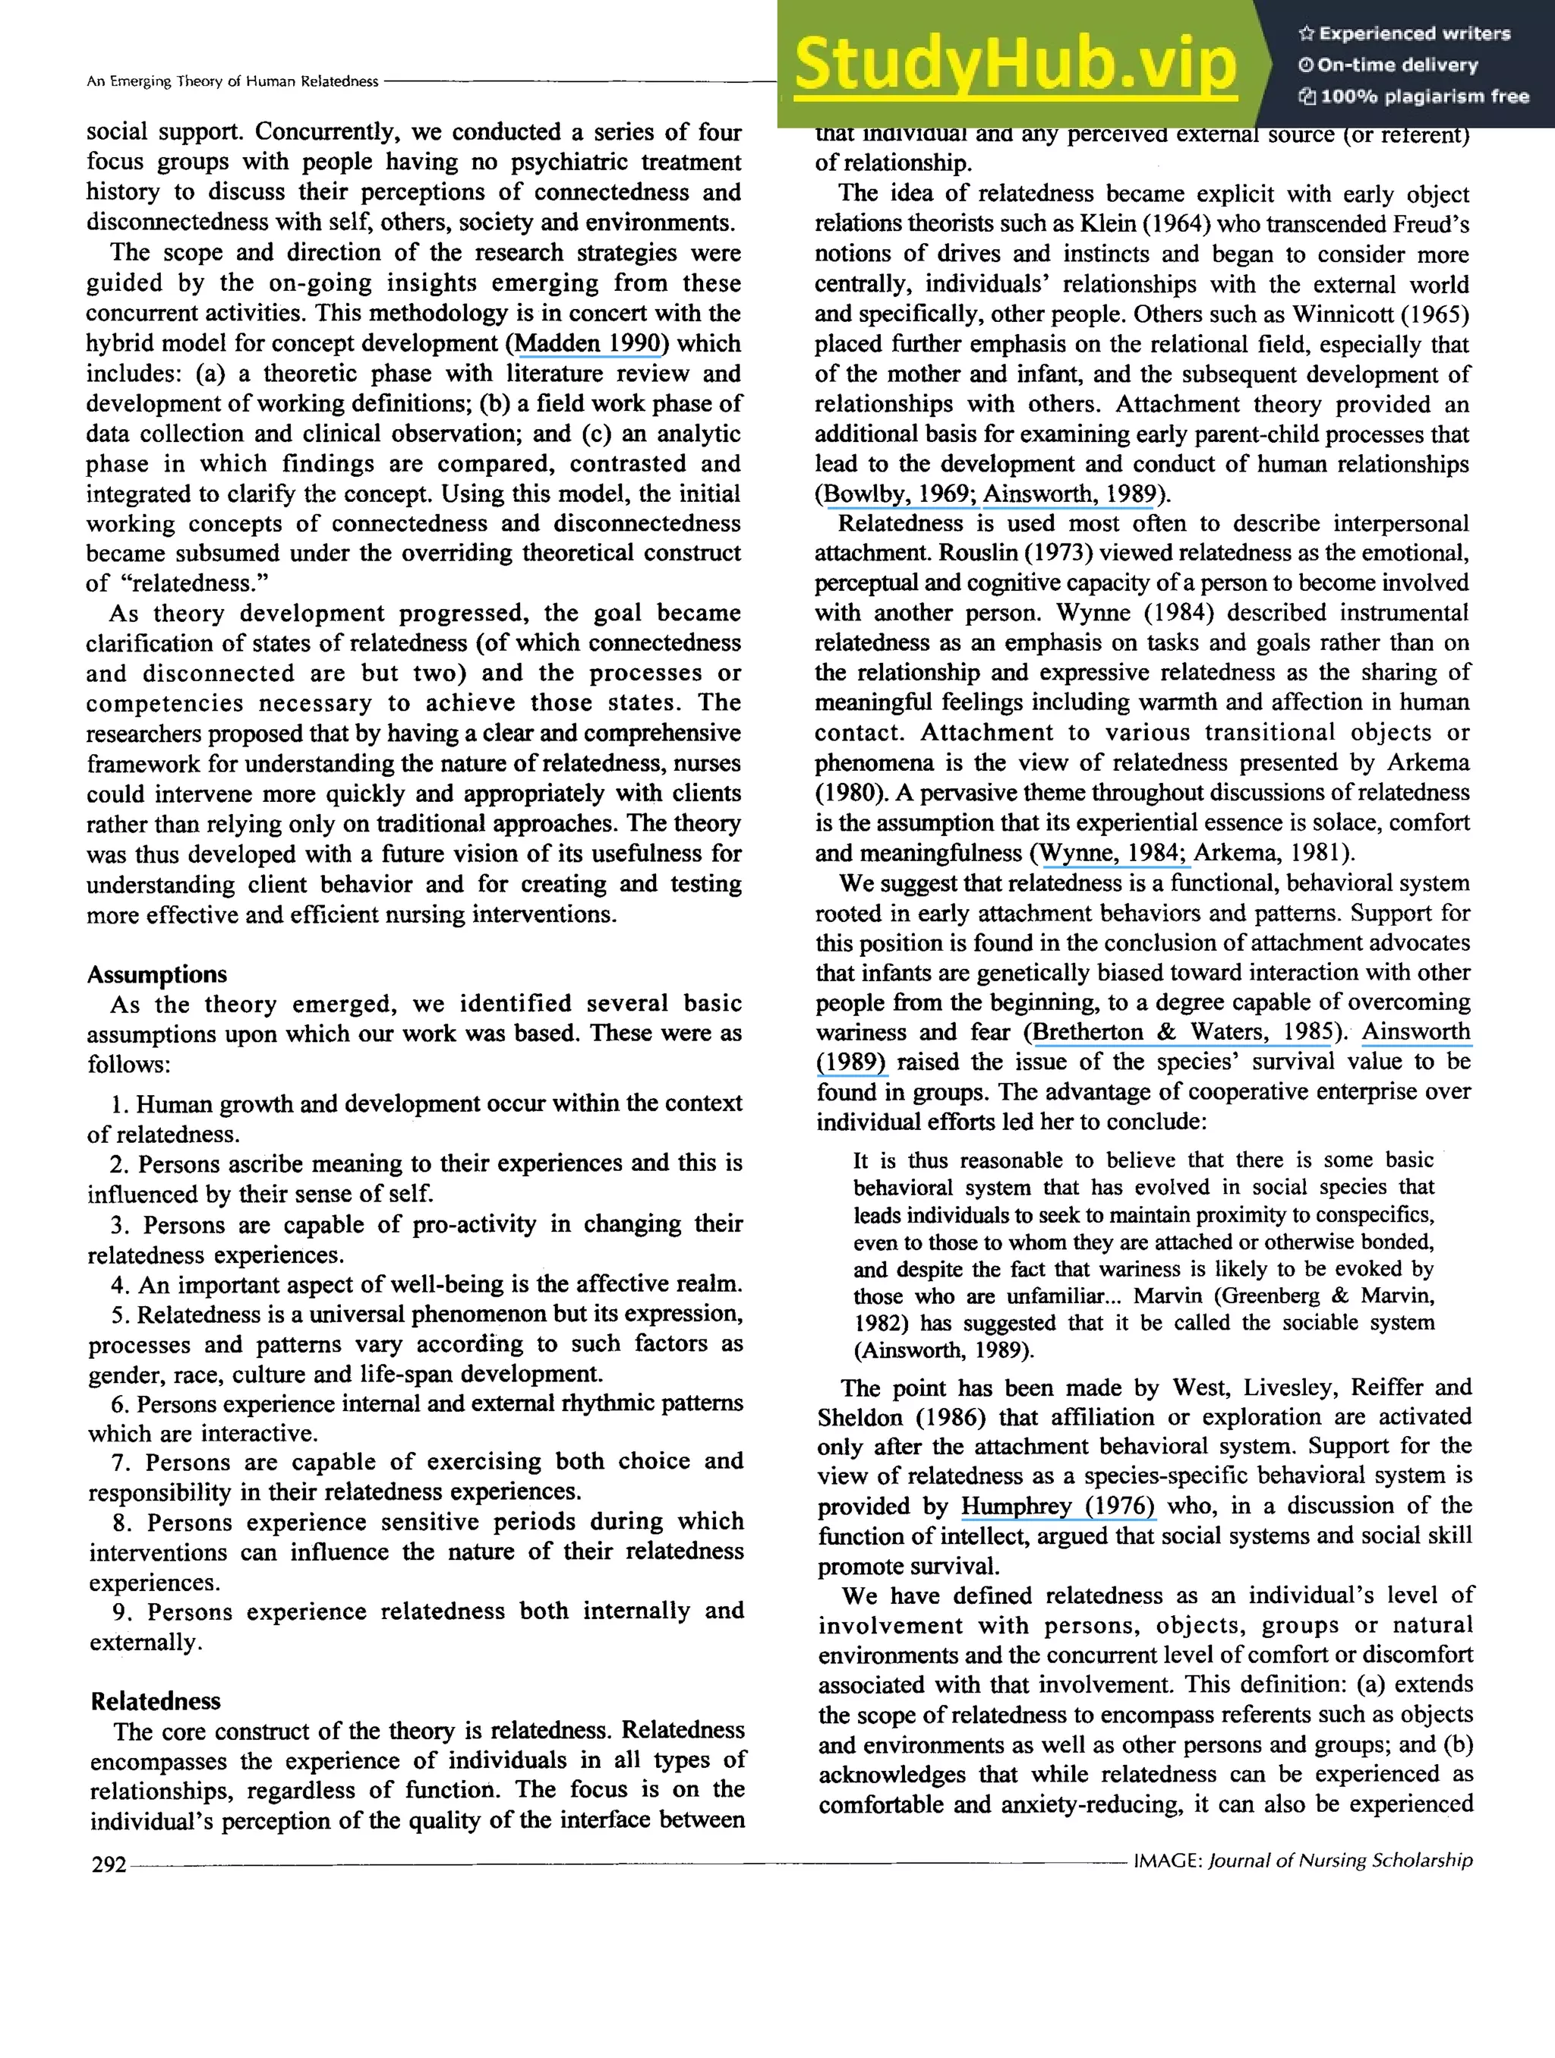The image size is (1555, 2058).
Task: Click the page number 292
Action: (x=108, y=1864)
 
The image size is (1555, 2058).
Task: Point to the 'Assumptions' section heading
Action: (x=156, y=974)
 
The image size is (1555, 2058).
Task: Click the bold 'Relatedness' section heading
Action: (x=156, y=1701)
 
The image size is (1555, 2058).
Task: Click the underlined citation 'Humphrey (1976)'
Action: (x=1058, y=1505)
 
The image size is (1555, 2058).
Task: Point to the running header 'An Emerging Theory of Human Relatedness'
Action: (x=232, y=82)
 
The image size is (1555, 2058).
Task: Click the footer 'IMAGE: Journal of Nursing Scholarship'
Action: (x=1303, y=1860)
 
